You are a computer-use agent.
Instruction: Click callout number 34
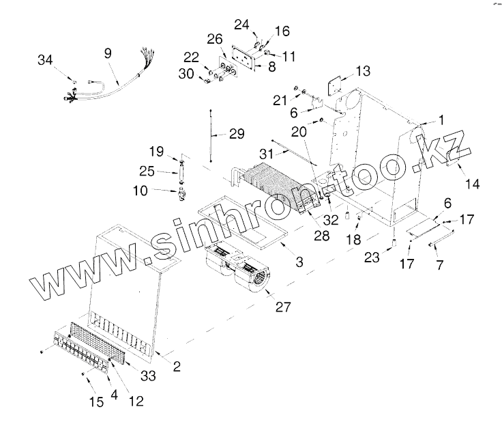[45, 61]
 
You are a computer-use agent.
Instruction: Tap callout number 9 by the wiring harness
[108, 53]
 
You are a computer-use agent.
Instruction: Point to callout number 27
[284, 307]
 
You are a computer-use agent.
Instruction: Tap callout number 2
[176, 367]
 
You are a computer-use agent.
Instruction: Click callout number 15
[98, 401]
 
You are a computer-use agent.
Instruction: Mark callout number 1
[441, 120]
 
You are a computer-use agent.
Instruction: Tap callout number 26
[215, 36]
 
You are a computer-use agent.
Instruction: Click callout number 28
[322, 236]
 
